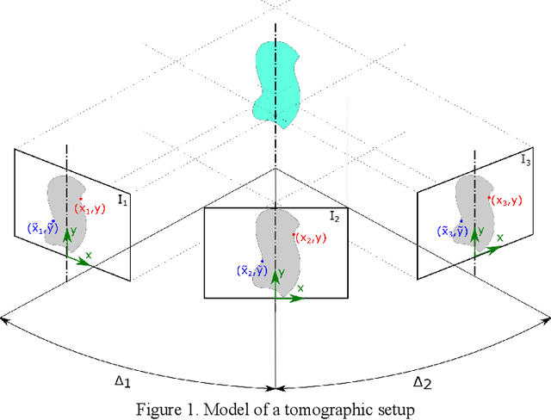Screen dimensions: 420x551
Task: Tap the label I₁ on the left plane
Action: [x=122, y=201]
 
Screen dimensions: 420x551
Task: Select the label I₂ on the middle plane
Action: [x=334, y=216]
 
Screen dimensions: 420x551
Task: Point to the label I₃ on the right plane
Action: [x=525, y=159]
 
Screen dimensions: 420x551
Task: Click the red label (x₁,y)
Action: [x=89, y=208]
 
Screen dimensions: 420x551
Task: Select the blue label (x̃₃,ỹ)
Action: [x=451, y=231]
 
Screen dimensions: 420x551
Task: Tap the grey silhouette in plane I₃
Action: [x=473, y=207]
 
